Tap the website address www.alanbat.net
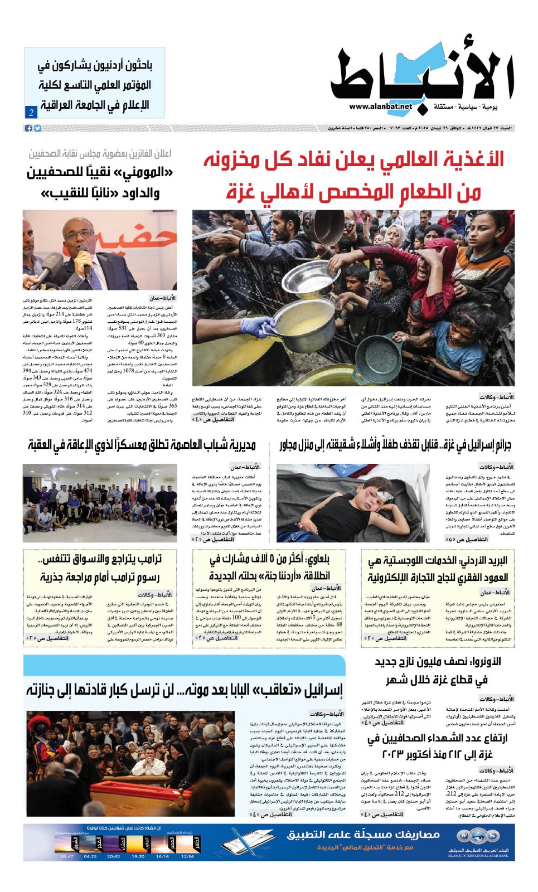[x=381, y=106]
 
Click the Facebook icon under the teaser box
[x=28, y=128]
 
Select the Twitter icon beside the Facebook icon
[x=37, y=128]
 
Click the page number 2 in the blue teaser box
[x=31, y=112]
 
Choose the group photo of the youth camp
[x=100, y=503]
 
